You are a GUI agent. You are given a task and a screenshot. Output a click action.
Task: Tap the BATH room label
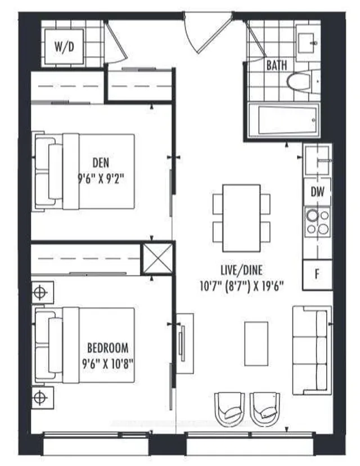[276, 65]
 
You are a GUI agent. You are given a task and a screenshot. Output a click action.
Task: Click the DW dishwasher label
[317, 192]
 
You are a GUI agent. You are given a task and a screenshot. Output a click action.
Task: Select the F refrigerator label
[317, 275]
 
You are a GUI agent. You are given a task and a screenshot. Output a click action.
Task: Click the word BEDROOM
[107, 347]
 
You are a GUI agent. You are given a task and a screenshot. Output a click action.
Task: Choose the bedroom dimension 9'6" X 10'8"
[107, 361]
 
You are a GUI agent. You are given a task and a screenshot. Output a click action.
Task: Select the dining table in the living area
[241, 217]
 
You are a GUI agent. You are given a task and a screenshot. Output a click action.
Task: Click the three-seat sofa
[312, 350]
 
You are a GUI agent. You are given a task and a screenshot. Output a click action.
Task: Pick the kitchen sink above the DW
[317, 162]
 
